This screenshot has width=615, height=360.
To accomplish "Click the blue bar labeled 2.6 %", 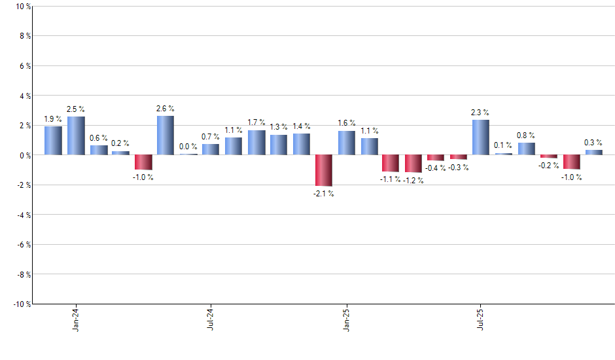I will point(166,135).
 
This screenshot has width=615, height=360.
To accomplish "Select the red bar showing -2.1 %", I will point(324,170).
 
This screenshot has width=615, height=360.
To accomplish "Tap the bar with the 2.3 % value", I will point(481,137).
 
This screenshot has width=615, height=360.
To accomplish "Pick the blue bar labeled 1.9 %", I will point(53,141).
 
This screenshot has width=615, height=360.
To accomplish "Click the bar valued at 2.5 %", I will point(76,136).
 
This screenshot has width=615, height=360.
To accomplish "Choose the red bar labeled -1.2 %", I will point(413,164).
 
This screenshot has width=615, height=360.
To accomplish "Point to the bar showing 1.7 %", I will point(256,143).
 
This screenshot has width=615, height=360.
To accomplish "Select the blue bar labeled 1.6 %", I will point(346,143).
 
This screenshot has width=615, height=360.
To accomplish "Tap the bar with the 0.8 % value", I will point(526,149).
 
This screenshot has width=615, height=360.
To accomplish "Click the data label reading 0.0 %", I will point(188,146).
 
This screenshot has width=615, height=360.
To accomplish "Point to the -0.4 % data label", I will point(435,168).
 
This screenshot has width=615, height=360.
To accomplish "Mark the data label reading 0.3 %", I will point(593,142).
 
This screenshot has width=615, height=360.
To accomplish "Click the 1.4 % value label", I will point(301,126).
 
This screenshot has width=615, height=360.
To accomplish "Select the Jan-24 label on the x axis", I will point(77,318).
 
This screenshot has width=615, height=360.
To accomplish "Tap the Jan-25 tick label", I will point(347,318).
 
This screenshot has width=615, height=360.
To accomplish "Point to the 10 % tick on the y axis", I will point(23,7).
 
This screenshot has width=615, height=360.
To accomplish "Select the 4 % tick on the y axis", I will point(25,96).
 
